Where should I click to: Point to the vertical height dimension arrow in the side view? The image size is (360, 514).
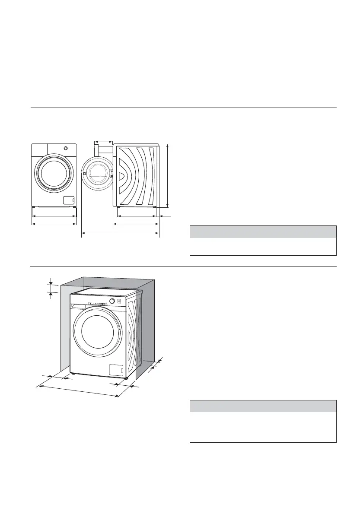pos(168,176)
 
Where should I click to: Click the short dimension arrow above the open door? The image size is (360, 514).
pos(103,141)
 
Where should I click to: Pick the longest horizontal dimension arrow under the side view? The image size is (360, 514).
pos(121,234)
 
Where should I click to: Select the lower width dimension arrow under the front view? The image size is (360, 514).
pos(54,224)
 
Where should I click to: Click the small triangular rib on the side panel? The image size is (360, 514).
pos(122,176)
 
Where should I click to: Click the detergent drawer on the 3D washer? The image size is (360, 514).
pos(80,306)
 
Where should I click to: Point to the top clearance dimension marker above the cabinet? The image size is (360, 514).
pos(51,288)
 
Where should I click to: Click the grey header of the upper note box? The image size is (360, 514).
pos(263,232)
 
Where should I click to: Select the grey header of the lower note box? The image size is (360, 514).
pos(263,406)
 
